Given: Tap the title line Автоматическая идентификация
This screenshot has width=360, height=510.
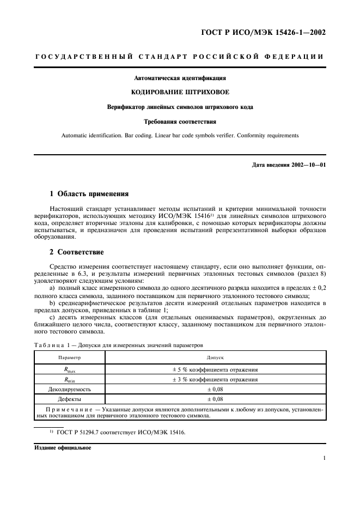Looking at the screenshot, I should [x=180, y=78].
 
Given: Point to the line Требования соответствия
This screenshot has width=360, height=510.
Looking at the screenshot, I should [x=180, y=120].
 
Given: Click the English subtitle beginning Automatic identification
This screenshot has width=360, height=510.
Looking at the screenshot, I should [x=180, y=135].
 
